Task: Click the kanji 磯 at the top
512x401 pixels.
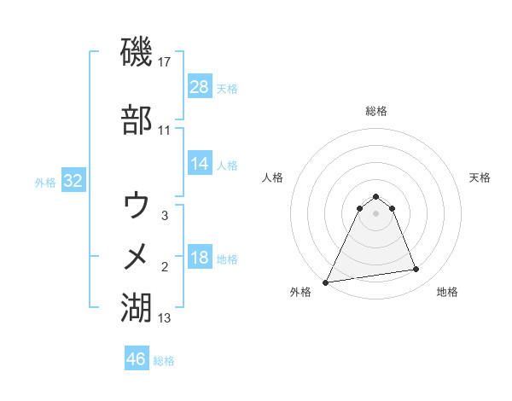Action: pyautogui.click(x=137, y=53)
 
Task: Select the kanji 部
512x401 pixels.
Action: pyautogui.click(x=137, y=120)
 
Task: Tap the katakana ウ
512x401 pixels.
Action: pyautogui.click(x=137, y=206)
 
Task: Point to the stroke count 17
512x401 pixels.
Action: pyautogui.click(x=166, y=62)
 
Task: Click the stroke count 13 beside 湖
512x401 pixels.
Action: pyautogui.click(x=165, y=318)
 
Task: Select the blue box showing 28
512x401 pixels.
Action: pyautogui.click(x=200, y=87)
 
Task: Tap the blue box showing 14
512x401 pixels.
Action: pyautogui.click(x=200, y=164)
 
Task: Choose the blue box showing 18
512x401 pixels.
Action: pyautogui.click(x=200, y=258)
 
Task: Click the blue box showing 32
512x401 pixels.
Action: pyautogui.click(x=73, y=181)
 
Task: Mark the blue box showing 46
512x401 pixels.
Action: pyautogui.click(x=136, y=359)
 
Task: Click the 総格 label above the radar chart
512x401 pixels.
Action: pyautogui.click(x=375, y=111)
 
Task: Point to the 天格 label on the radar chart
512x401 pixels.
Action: pyautogui.click(x=480, y=177)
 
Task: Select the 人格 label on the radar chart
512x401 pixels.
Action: pyautogui.click(x=273, y=177)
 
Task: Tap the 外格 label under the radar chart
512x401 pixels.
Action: pyautogui.click(x=300, y=292)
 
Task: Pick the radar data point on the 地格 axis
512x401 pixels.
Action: pyautogui.click(x=416, y=270)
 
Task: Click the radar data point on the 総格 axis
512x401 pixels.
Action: pyautogui.click(x=375, y=196)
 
